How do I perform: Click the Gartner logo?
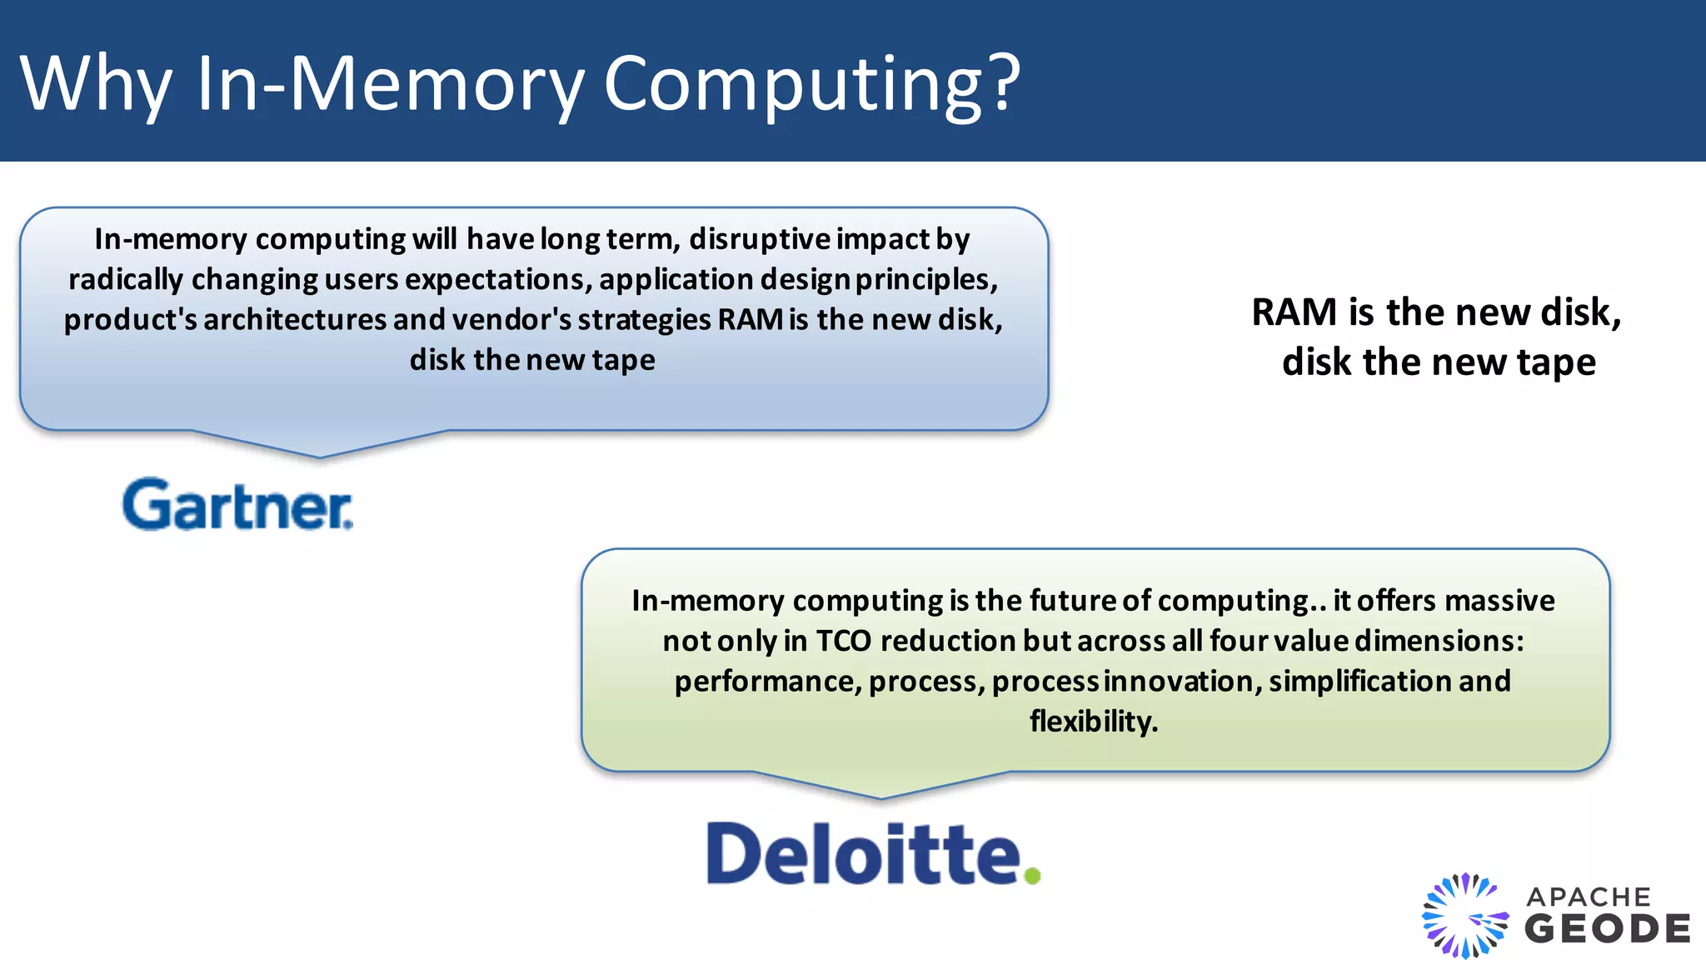pos(237,504)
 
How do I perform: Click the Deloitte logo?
pos(862,854)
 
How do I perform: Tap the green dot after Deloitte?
pos(1032,876)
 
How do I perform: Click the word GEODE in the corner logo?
pos(1607,929)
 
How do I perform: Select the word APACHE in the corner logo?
pos(1588,897)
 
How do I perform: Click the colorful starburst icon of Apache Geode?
pos(1464,915)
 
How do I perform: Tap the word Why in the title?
pos(96,83)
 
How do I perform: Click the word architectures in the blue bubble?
pos(295,320)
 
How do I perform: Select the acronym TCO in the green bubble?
pos(843,641)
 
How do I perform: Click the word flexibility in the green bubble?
pos(1093,722)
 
